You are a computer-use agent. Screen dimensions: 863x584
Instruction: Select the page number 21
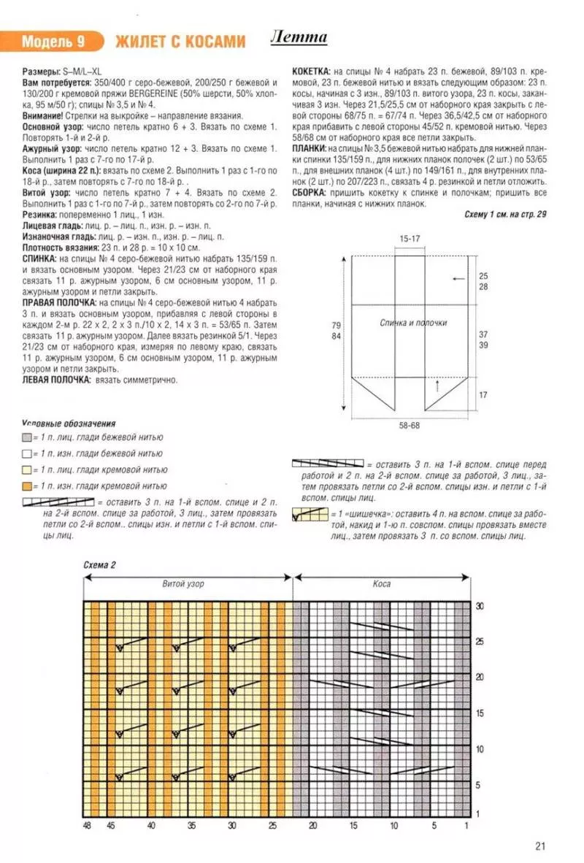540,846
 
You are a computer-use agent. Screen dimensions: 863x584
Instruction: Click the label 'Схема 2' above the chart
99,565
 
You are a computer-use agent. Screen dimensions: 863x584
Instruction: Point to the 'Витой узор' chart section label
182,584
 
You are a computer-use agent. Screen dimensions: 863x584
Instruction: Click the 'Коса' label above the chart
382,584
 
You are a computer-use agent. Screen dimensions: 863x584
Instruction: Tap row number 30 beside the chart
480,606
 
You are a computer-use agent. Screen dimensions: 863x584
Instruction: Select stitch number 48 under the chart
88,826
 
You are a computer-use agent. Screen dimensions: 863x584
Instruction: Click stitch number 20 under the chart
312,826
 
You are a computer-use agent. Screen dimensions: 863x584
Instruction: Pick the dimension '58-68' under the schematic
410,425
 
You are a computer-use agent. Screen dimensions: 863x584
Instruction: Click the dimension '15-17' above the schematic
410,239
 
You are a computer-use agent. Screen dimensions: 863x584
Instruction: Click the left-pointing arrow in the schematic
458,279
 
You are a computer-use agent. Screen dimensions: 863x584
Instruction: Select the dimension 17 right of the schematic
481,395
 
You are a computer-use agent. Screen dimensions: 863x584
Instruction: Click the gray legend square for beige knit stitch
28,437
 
